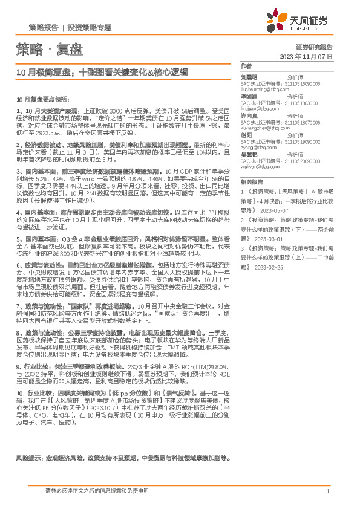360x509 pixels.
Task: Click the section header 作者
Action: click(246, 66)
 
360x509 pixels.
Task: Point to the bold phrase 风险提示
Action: click(29, 476)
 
